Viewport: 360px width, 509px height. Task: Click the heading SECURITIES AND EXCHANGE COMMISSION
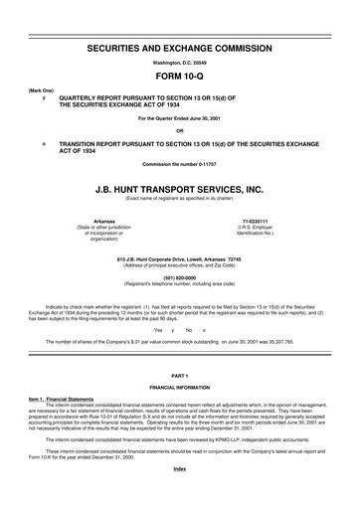180,48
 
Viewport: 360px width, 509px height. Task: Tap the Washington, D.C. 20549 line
180,63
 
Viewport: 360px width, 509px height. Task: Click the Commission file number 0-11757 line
180,163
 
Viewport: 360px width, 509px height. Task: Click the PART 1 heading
180,375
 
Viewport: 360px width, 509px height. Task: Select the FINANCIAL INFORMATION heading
180,387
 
